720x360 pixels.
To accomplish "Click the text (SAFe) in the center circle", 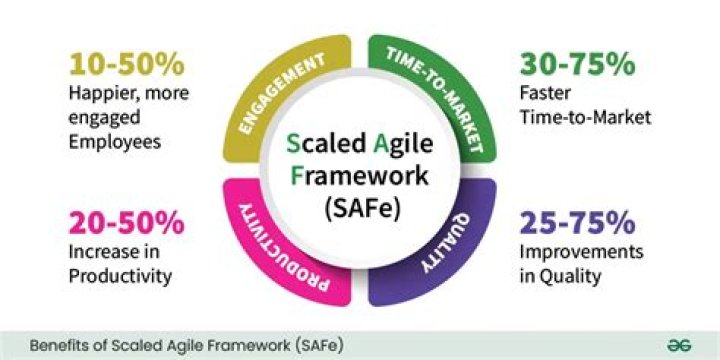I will coord(359,210).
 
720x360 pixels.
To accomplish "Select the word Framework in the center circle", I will coord(359,177).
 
